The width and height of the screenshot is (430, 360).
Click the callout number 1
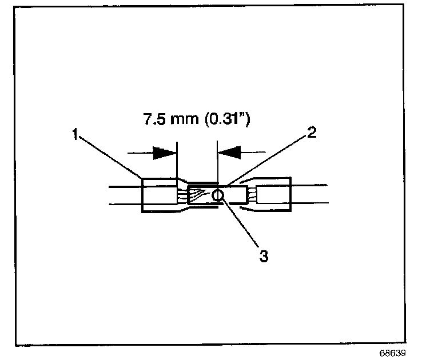75,135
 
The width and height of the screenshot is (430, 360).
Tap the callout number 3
264,256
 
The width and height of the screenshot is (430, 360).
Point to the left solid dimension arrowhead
165,153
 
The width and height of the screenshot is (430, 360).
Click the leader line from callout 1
109,157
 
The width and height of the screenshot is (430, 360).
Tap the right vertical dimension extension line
217,163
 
